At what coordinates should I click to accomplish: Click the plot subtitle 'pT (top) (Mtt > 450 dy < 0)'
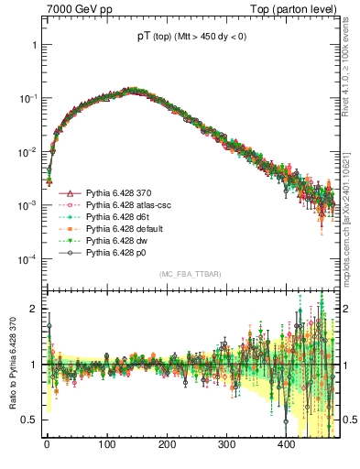click(191, 37)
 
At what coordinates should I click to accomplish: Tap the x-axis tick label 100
click(106, 444)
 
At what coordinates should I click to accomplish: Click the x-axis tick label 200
click(166, 444)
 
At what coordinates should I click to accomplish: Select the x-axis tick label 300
click(226, 444)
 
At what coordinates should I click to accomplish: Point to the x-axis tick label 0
click(47, 444)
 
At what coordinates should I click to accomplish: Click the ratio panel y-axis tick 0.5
click(32, 420)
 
